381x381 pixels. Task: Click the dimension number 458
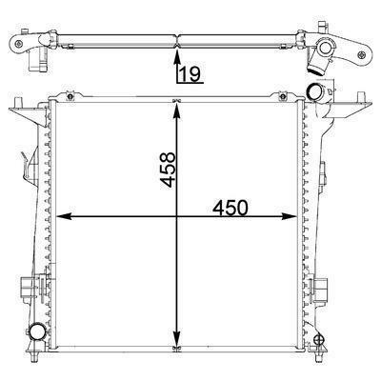[165, 168]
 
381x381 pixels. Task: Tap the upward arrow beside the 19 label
[174, 67]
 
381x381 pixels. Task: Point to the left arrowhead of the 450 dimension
[64, 217]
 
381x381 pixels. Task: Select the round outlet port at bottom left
[38, 333]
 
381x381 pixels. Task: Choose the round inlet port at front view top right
[313, 91]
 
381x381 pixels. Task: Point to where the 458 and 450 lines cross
[175, 217]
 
